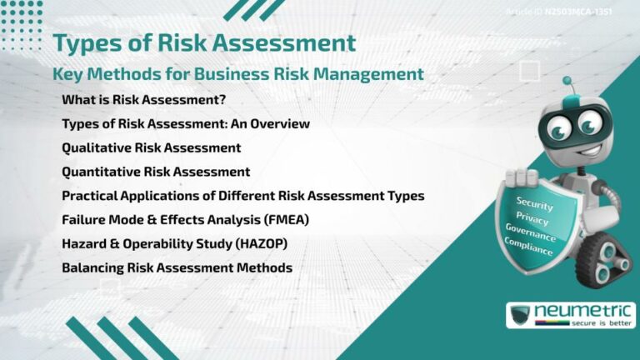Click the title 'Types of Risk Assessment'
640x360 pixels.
(x=204, y=42)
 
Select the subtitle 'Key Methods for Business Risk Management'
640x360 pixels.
(x=238, y=74)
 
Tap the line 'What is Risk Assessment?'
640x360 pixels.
(x=143, y=100)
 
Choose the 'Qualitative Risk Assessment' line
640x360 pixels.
(x=151, y=147)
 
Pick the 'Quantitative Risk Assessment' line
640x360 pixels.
(x=156, y=172)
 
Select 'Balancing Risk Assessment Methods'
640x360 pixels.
(x=177, y=268)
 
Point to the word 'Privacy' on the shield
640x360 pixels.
(x=532, y=218)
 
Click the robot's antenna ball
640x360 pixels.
(x=567, y=82)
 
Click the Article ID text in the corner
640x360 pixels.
(x=571, y=12)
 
